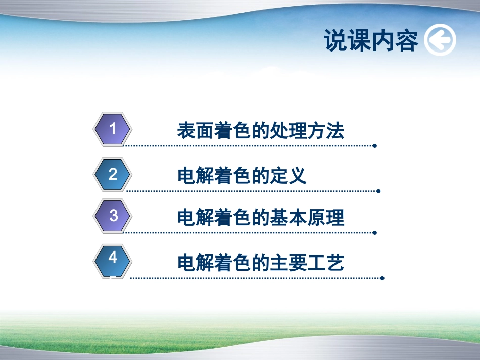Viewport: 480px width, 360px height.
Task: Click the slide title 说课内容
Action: click(371, 41)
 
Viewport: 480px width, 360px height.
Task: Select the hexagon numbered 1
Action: click(113, 129)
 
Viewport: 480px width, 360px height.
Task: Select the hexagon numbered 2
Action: click(113, 175)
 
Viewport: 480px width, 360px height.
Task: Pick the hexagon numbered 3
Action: click(113, 216)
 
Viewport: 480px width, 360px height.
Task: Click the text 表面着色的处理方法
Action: click(260, 131)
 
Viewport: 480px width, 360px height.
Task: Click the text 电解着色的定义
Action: click(242, 176)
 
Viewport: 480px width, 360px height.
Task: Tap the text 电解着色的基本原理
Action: click(260, 218)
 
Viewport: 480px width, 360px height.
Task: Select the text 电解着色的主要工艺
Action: click(260, 263)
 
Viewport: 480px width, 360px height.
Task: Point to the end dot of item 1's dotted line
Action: click(374, 146)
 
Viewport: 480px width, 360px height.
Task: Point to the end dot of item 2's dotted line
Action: click(378, 191)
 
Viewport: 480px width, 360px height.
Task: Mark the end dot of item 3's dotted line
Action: click(374, 233)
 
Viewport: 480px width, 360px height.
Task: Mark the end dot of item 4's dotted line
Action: click(382, 278)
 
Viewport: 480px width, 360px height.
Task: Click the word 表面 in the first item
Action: click(196, 131)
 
